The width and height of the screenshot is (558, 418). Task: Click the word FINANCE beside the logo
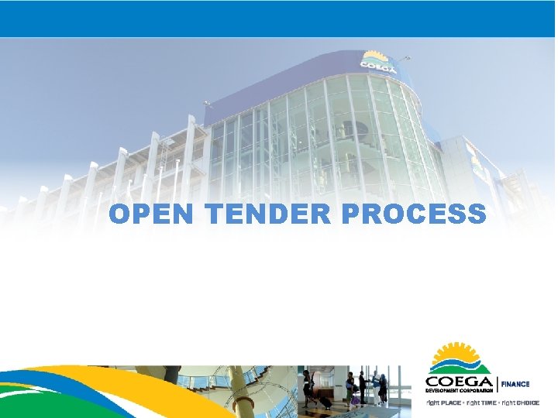515,384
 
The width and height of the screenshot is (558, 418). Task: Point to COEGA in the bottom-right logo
460,382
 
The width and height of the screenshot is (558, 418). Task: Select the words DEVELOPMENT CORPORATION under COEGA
459,391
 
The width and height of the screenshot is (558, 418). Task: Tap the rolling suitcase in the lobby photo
326,402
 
